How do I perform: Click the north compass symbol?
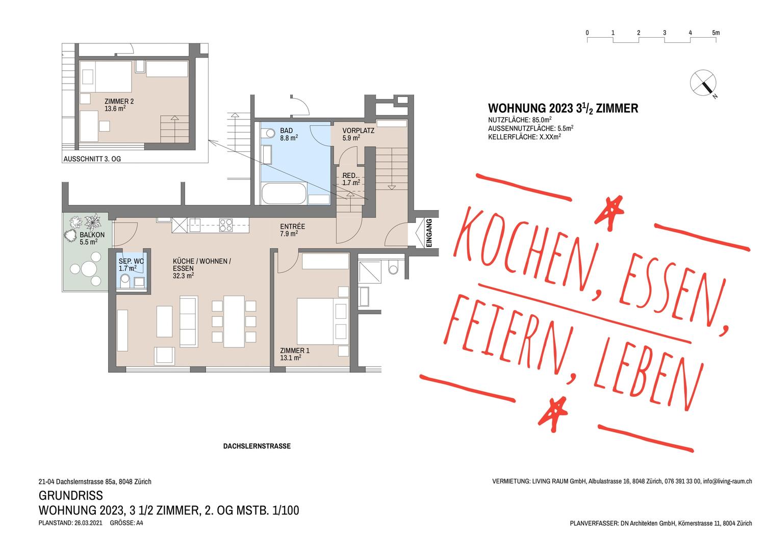click(703, 83)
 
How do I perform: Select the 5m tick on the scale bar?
click(716, 33)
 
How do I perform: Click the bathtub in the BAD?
click(284, 194)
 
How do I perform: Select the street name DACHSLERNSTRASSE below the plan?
click(257, 446)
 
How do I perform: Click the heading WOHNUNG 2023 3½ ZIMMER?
click(563, 108)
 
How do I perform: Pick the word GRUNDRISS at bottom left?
click(70, 495)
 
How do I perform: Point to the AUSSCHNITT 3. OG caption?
click(92, 159)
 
